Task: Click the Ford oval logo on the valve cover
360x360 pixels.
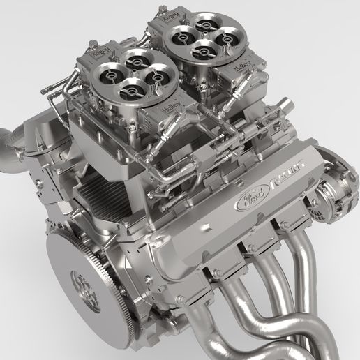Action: (252, 198)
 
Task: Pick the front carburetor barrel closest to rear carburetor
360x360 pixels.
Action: (156, 72)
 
